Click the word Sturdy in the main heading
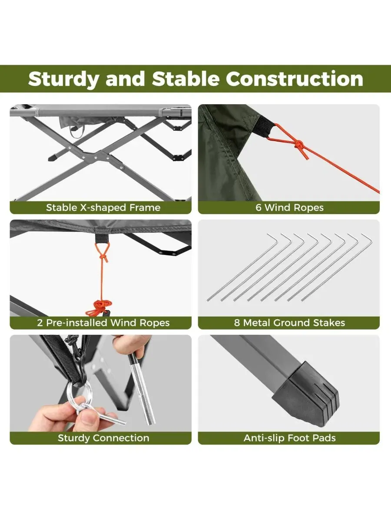[63, 79]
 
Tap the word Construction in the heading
[295, 79]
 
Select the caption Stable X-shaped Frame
[103, 208]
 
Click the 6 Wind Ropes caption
[289, 208]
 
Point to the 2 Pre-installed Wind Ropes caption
[103, 323]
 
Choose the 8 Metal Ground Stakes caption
[289, 323]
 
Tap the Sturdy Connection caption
[103, 438]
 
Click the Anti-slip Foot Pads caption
[290, 438]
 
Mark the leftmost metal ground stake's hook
[273, 238]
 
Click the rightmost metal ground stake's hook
[367, 238]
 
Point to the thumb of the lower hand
[88, 421]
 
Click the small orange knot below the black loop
[103, 257]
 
